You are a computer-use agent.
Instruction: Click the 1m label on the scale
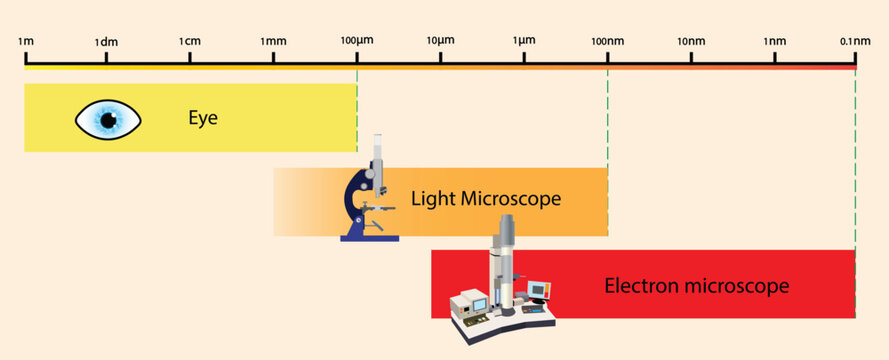[26, 41]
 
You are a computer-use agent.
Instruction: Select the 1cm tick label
[189, 41]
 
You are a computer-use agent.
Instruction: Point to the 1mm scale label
[273, 41]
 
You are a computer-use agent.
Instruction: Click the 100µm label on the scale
[357, 41]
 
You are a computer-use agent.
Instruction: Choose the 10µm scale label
[440, 41]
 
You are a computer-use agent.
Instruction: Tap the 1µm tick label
[523, 41]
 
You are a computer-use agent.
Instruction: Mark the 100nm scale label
[607, 41]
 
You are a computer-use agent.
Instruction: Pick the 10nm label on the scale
[691, 41]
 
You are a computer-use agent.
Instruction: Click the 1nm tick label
[774, 41]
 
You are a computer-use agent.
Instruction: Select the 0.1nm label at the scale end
[855, 41]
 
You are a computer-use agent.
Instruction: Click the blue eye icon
[108, 120]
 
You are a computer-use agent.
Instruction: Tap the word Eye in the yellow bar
[203, 119]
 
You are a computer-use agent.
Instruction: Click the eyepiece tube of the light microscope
[378, 150]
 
